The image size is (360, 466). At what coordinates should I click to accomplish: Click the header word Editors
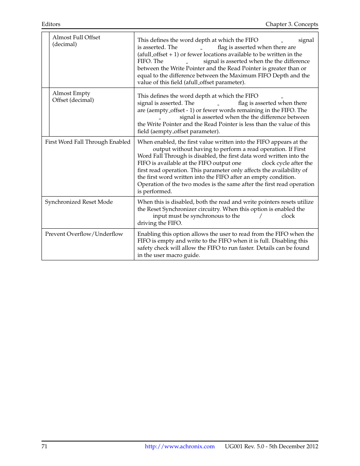coord(51,24)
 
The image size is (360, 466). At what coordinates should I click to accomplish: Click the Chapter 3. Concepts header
coord(291,24)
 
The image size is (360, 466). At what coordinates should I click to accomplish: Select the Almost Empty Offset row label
coord(73,97)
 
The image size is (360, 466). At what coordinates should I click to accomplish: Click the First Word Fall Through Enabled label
coord(88,142)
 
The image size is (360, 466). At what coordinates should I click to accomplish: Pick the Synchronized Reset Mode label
coord(79,202)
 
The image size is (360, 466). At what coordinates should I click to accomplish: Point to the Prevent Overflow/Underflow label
coord(84,234)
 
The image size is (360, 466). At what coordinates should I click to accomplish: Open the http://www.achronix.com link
coord(180,446)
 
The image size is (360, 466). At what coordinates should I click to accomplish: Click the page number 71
coord(45,446)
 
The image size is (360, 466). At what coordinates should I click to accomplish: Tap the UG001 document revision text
coord(271,446)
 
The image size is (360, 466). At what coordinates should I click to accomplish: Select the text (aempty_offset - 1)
coord(166,110)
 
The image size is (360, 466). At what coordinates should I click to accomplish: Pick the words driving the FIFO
coord(160,223)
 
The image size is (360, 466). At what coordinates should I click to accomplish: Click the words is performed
coord(154,191)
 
